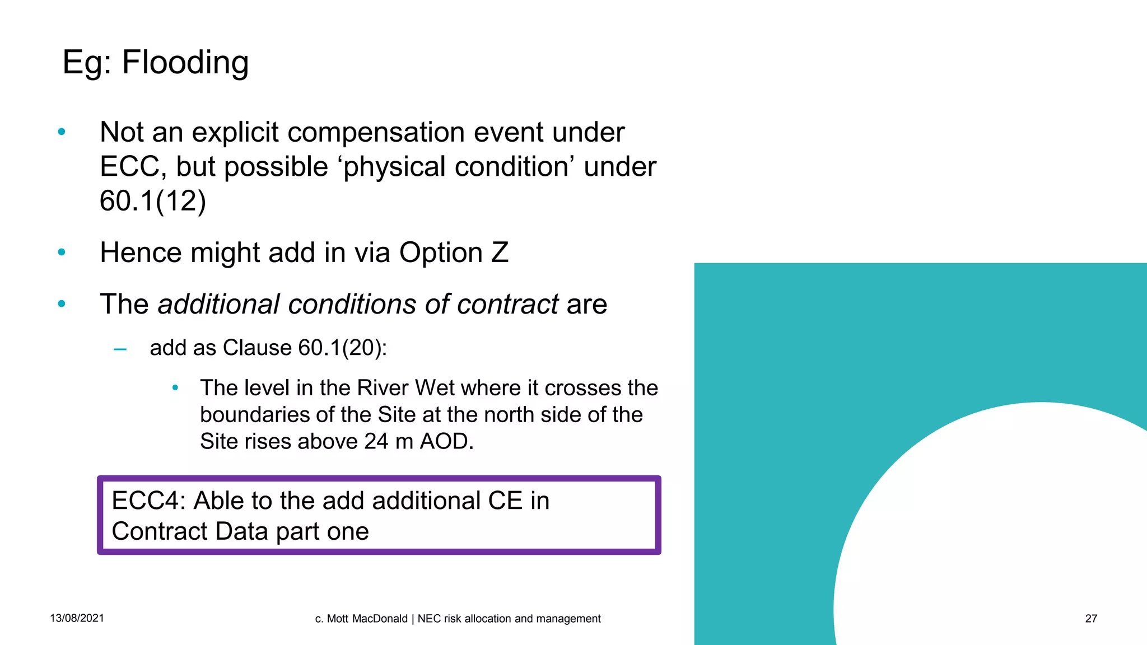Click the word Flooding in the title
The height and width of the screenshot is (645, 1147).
185,63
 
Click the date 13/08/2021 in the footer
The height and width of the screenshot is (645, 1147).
77,618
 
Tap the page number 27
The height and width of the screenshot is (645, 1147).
1091,619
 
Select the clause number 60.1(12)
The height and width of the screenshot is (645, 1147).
153,201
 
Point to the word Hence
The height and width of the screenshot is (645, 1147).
141,253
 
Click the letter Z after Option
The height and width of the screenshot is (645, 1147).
500,253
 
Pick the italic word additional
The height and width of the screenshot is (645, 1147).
218,305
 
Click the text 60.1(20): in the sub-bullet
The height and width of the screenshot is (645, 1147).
342,348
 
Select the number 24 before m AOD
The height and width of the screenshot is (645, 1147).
376,442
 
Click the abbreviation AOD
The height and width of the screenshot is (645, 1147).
446,442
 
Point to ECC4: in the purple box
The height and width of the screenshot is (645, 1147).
148,501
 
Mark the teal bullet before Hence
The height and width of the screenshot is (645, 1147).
62,253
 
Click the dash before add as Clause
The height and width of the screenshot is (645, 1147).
120,350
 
